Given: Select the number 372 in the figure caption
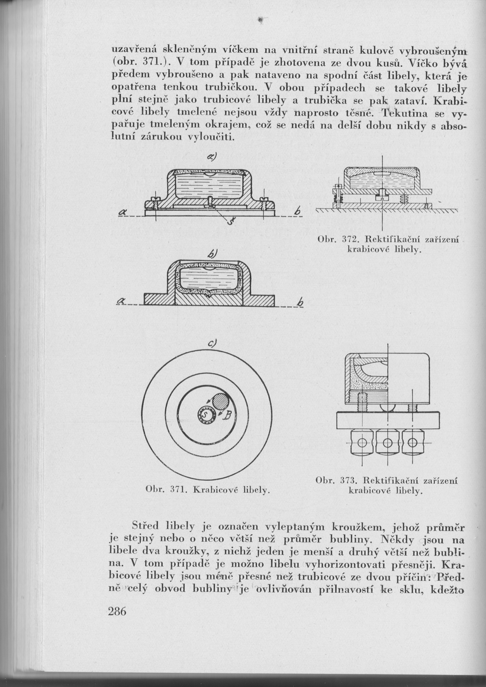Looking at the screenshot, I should pos(346,240).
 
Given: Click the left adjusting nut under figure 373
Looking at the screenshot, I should pos(361,442).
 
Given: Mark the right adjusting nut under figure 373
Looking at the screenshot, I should pos(413,442).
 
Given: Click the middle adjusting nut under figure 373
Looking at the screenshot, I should pos(387,442).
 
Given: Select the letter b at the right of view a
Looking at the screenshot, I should pos(298,213).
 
